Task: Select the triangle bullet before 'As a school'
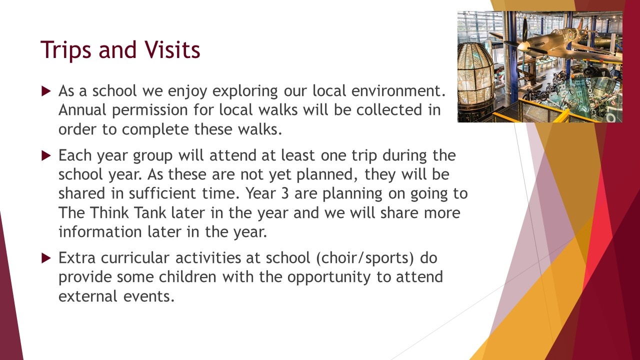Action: click(46, 91)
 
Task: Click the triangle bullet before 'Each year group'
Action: click(46, 155)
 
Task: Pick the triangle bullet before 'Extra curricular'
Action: click(46, 258)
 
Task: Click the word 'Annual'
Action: click(82, 110)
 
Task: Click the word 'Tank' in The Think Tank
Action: click(149, 212)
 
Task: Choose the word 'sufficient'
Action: click(162, 193)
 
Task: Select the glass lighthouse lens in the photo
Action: click(475, 71)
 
